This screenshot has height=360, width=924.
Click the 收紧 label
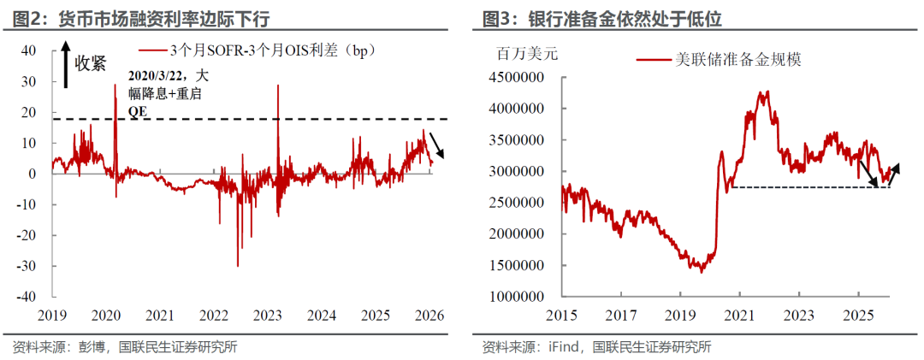90,62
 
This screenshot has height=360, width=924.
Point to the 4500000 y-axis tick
520,78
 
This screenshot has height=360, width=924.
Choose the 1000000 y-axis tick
520,296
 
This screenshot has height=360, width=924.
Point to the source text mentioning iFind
596,346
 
